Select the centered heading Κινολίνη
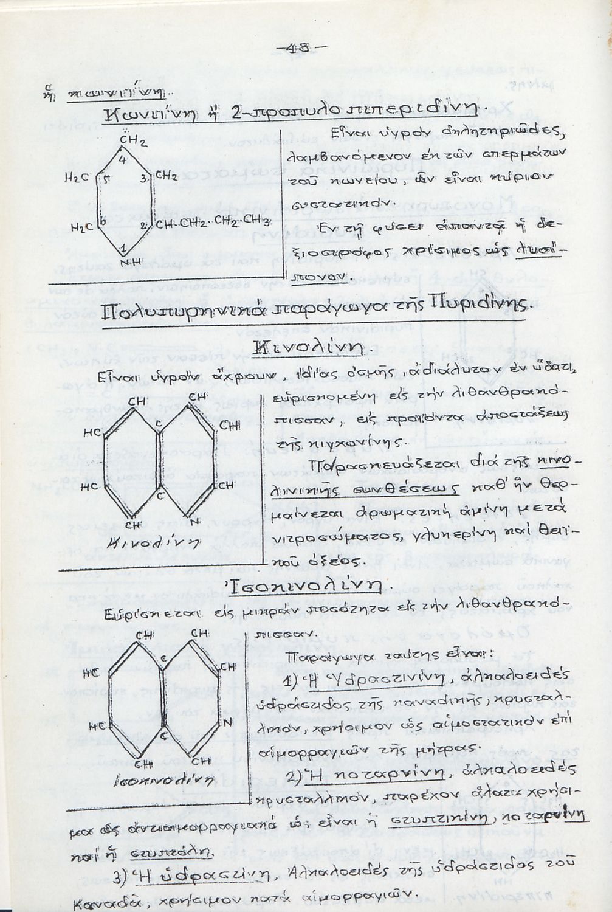pos(308,348)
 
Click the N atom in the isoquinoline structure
pos(228,723)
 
